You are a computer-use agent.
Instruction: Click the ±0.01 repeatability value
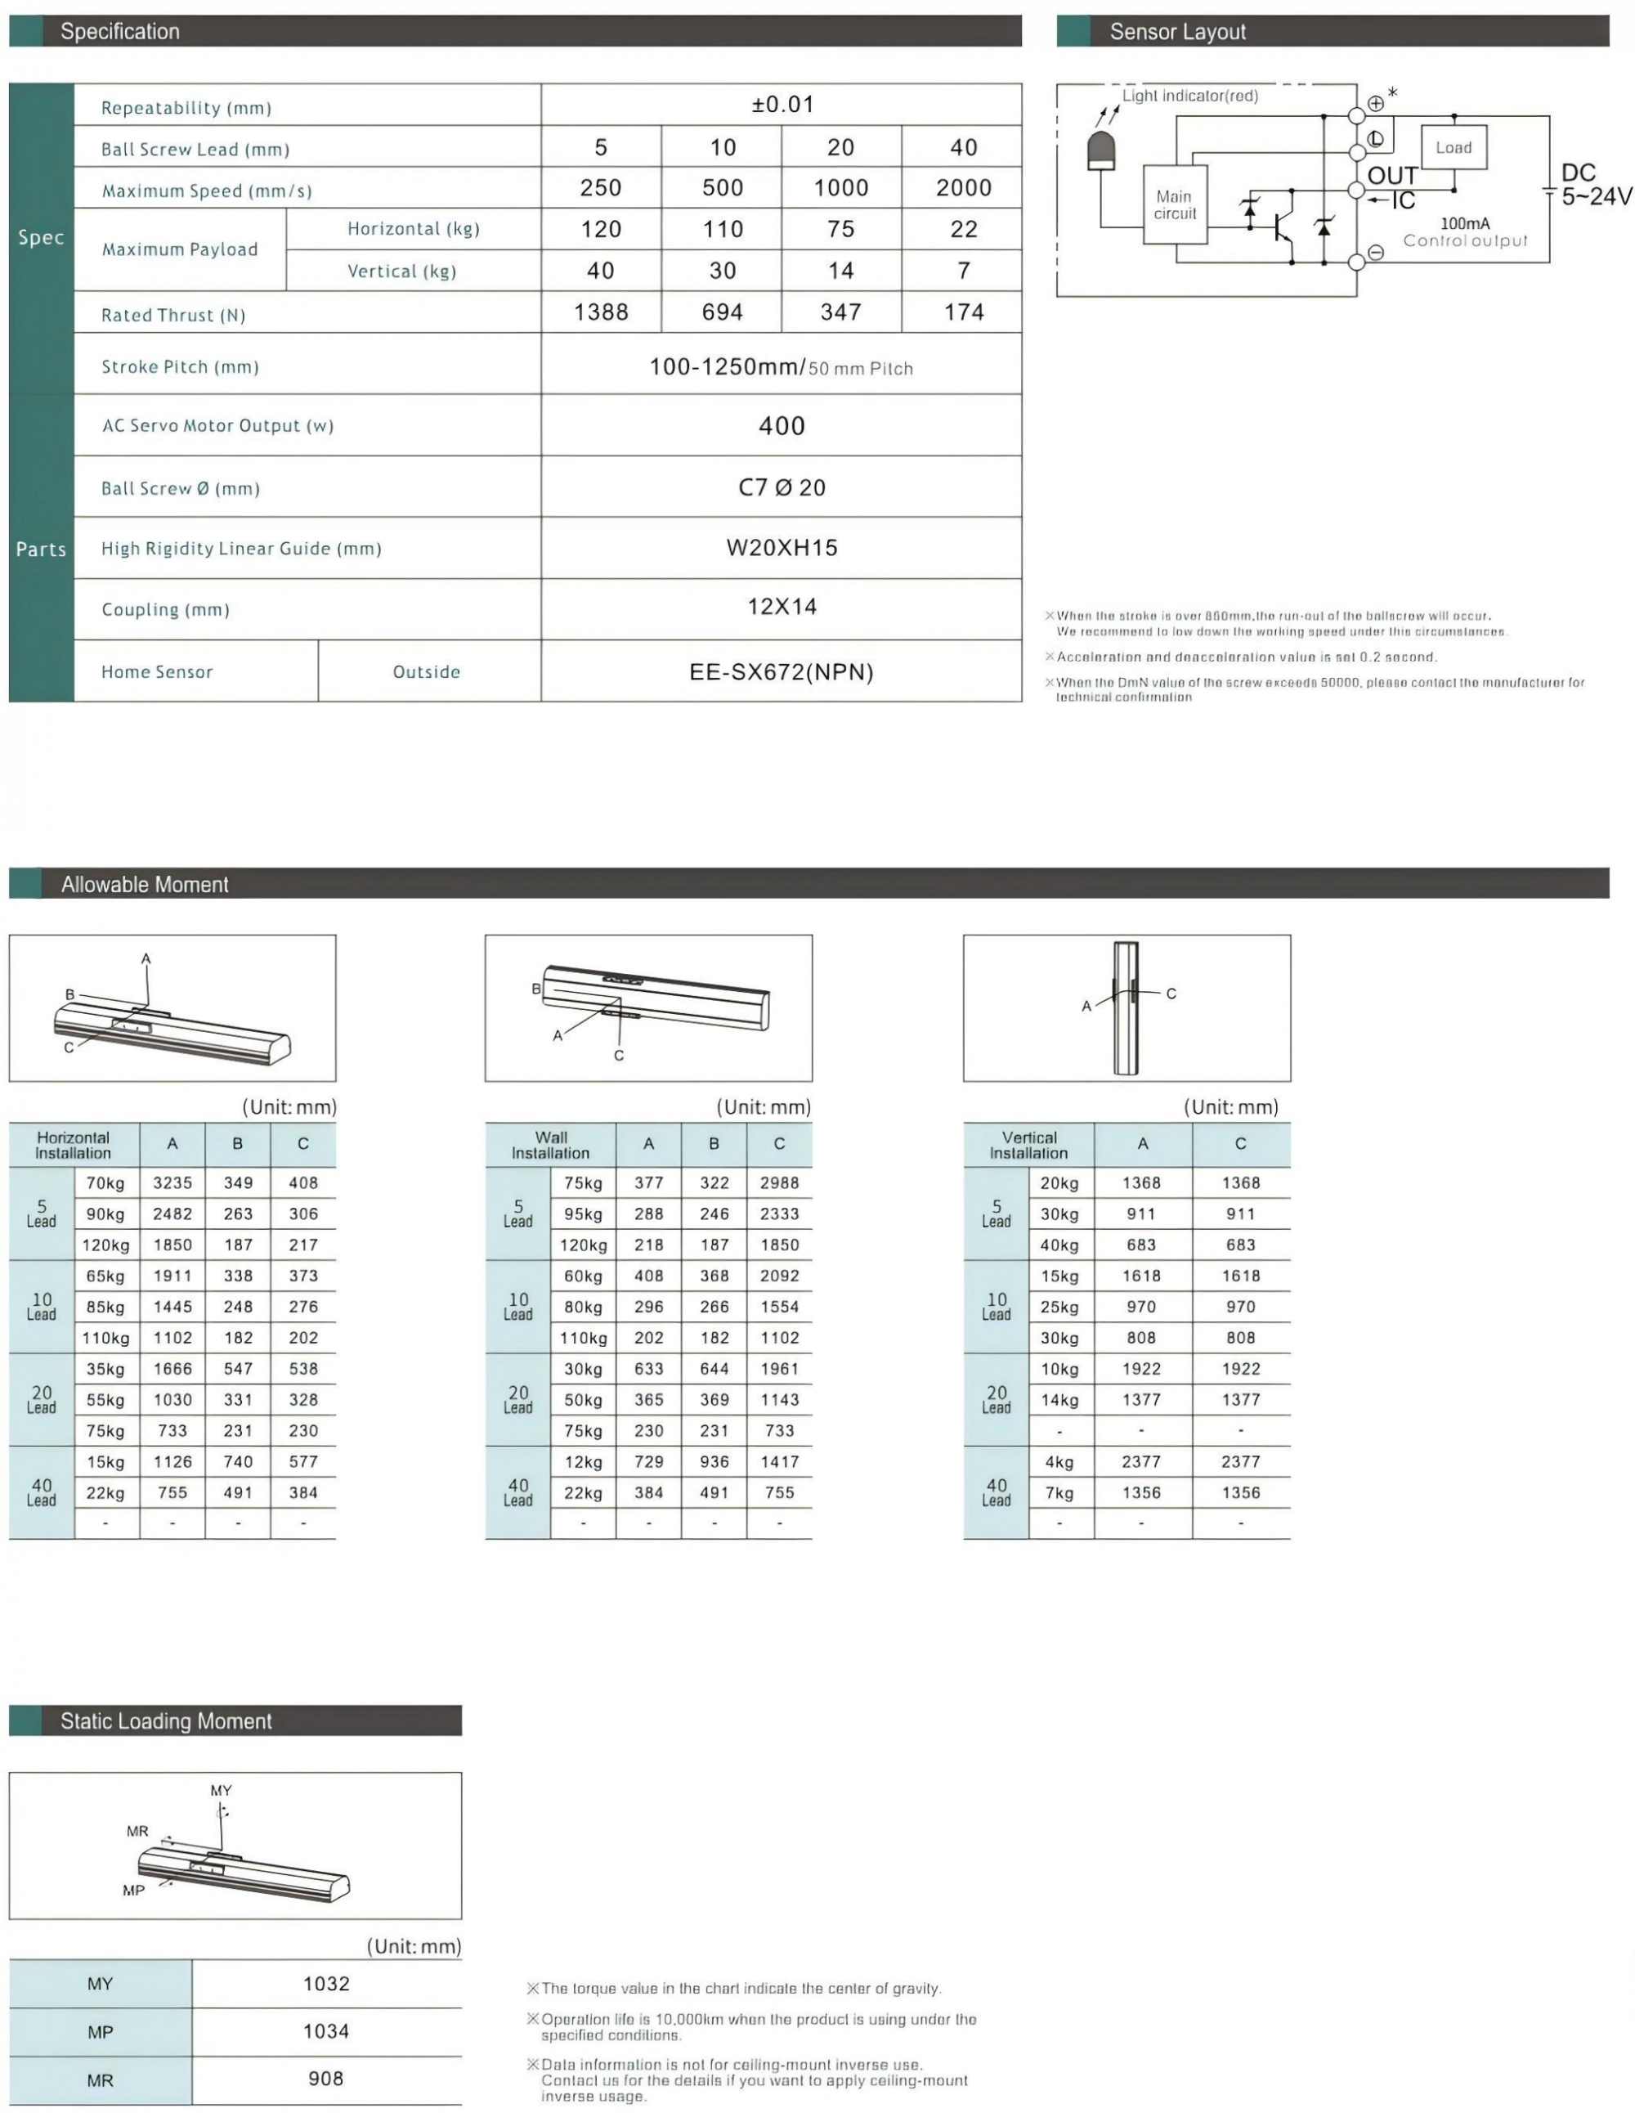(782, 105)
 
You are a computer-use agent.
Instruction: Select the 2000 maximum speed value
(963, 188)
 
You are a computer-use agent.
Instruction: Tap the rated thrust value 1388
(601, 312)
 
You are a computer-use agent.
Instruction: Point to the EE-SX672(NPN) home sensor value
(781, 671)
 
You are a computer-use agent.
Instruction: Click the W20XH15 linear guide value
(781, 548)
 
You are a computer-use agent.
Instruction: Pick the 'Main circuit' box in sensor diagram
(1175, 205)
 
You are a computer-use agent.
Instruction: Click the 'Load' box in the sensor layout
(1454, 147)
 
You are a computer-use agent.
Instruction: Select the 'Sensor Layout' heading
(1177, 32)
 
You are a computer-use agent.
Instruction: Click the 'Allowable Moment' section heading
(146, 884)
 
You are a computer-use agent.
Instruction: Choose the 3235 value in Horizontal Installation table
(172, 1182)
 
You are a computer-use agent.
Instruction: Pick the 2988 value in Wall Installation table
(779, 1182)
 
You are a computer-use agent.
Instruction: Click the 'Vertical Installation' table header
(1028, 1145)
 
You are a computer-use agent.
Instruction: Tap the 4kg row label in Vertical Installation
(1059, 1462)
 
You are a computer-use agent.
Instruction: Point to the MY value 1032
(326, 1983)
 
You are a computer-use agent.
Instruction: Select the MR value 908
(326, 2078)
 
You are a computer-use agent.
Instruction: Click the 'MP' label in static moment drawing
(133, 1891)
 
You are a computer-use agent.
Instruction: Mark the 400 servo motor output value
(781, 426)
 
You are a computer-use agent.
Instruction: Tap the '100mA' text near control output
(1465, 223)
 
